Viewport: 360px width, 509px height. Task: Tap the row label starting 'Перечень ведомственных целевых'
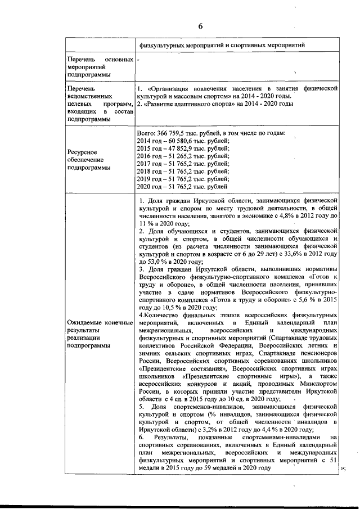[x=99, y=104]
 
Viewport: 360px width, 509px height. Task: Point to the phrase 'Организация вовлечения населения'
[x=200, y=89]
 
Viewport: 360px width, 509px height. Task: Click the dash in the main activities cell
[x=138, y=58]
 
